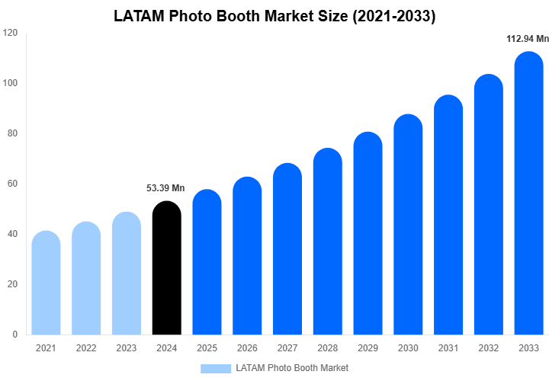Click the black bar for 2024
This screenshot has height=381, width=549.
coord(167,268)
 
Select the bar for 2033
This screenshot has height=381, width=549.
coord(529,194)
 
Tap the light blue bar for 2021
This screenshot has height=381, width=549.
coord(46,283)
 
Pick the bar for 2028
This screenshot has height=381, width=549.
coord(328,242)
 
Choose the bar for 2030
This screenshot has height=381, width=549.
coord(408,226)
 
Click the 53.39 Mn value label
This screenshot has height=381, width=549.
coord(165,188)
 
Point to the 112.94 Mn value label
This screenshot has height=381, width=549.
coord(528,39)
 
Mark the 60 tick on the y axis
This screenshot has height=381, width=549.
coord(12,184)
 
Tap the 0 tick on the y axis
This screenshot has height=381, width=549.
coord(14,335)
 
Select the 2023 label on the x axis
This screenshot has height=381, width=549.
coord(127,348)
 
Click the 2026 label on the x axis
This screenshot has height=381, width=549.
coord(247,348)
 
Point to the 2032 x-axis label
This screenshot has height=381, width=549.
coord(489,348)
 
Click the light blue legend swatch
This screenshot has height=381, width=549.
coord(215,369)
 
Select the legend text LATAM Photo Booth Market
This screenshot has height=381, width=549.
coord(292,369)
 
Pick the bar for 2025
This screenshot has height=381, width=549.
coord(207,263)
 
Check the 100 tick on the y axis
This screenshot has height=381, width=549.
coord(10,83)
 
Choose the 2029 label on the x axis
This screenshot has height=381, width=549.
coord(368,348)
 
